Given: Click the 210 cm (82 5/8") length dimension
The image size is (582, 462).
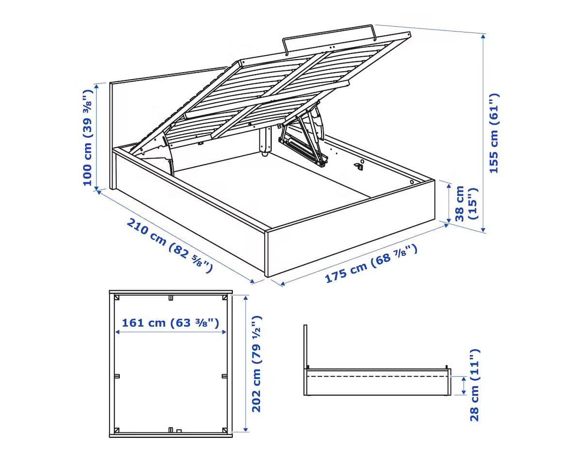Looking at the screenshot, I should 169,245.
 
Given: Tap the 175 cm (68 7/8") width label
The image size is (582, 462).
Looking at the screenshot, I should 371,264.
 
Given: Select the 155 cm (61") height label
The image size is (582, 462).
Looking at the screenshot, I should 493,133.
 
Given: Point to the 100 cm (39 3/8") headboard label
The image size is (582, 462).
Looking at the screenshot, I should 87,137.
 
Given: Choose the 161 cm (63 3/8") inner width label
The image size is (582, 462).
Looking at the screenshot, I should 170,322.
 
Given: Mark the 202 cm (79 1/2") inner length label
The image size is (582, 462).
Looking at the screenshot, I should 257,364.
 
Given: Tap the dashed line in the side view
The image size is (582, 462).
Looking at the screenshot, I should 378,376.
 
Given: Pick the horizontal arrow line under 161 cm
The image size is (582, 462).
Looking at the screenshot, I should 170,332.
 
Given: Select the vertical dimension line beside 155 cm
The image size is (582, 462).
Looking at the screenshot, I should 484,131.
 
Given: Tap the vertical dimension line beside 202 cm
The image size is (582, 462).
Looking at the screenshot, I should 246,364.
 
